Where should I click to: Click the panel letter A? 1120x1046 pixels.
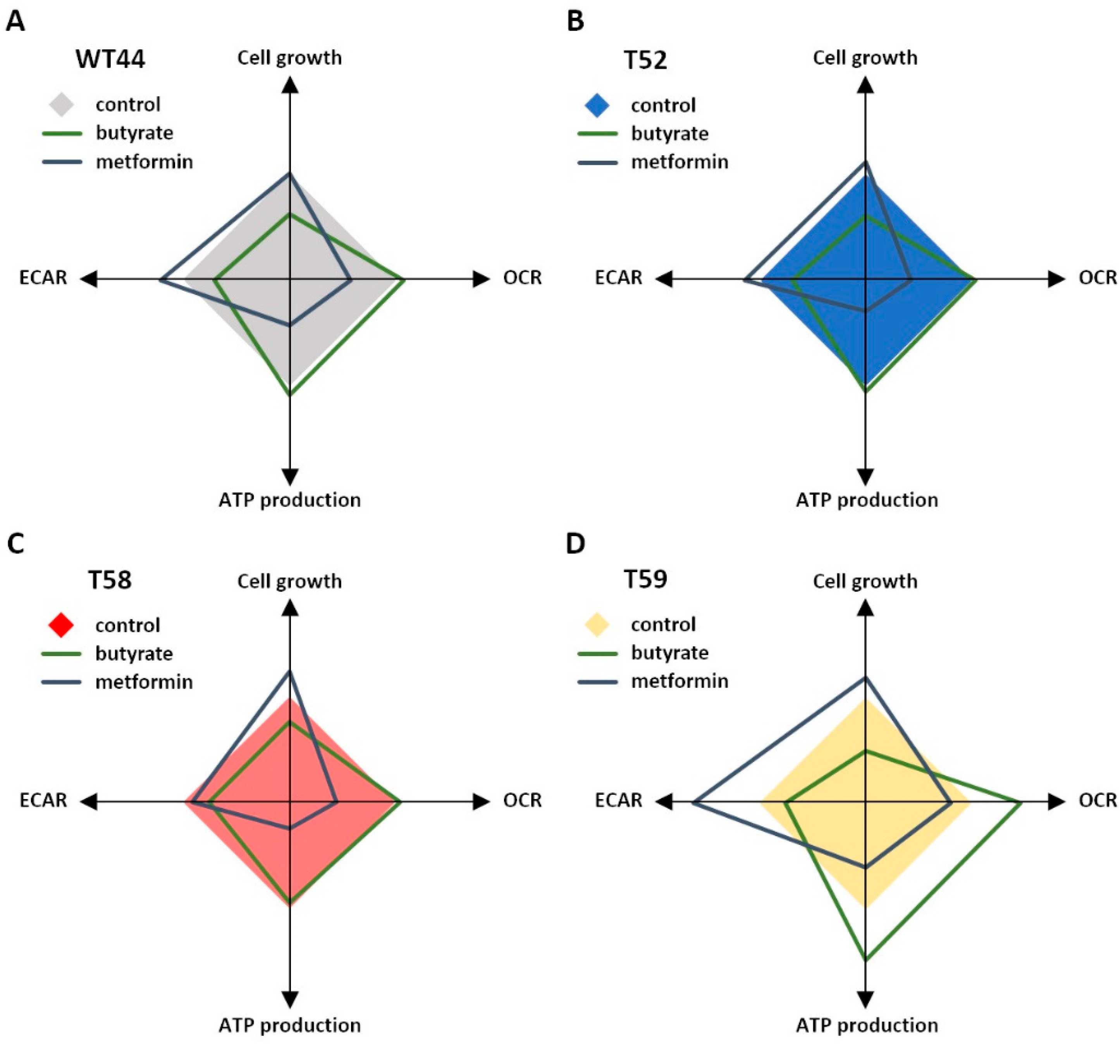point(15,21)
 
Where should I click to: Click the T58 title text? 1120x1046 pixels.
point(110,580)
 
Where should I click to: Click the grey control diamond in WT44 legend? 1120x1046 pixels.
point(62,105)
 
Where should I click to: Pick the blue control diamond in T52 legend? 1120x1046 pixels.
point(597,105)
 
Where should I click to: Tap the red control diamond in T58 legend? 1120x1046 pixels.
point(62,626)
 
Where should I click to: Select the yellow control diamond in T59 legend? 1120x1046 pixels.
point(597,625)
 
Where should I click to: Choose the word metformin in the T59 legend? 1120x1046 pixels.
point(680,681)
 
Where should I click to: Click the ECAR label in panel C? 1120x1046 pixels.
point(43,801)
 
